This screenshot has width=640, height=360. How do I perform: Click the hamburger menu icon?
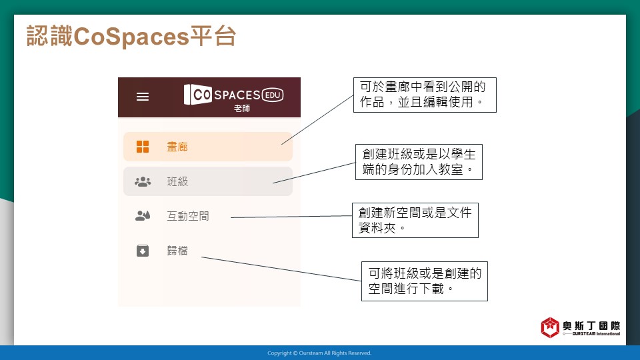click(x=143, y=97)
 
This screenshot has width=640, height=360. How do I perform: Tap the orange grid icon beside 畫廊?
click(x=143, y=147)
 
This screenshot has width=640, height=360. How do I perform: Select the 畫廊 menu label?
click(x=177, y=147)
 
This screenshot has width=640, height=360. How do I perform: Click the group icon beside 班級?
click(x=143, y=181)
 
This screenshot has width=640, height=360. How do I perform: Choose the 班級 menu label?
click(x=177, y=181)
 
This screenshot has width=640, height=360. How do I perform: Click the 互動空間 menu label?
click(x=188, y=216)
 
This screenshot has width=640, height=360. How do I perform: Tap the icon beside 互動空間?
click(x=143, y=215)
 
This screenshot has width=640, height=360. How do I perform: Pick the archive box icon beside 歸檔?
click(x=143, y=250)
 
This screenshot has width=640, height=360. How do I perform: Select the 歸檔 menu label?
click(x=177, y=251)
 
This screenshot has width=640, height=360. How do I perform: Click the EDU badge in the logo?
click(x=273, y=95)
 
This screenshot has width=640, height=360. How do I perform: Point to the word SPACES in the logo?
click(x=237, y=95)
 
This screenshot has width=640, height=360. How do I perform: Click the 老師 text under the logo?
click(x=241, y=109)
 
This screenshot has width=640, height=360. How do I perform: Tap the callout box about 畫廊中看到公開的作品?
click(x=425, y=95)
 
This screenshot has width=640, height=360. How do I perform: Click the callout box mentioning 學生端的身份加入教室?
click(x=419, y=161)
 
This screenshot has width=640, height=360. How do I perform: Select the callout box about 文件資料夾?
click(x=415, y=220)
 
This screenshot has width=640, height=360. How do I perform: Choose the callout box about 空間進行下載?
click(x=425, y=281)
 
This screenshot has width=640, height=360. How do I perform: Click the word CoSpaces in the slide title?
click(x=131, y=36)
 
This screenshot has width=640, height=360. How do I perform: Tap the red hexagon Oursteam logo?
click(x=550, y=327)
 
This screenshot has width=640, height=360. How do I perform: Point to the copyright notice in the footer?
click(x=319, y=353)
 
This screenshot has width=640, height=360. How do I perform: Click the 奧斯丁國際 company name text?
click(x=591, y=326)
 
